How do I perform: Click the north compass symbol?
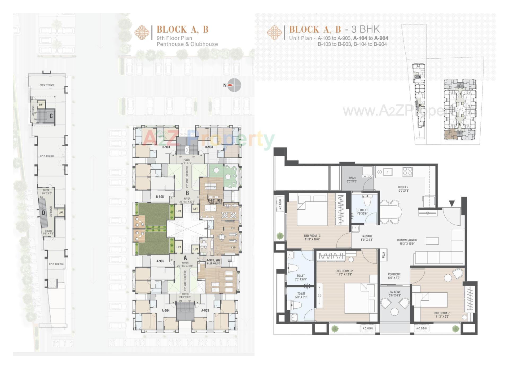coord(234,85)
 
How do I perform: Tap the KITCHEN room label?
coord(403,188)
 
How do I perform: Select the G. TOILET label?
coord(362,212)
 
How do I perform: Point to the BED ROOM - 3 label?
coord(312,237)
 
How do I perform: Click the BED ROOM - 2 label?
coord(344,273)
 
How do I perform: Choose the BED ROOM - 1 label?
coord(442,315)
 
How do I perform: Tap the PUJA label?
coord(383,255)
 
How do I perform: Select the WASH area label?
coord(352,179)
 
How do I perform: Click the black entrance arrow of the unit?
coord(452,204)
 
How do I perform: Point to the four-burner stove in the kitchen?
coord(407,172)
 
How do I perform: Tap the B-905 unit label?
coord(160,197)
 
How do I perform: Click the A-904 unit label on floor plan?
coord(165,310)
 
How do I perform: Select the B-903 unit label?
coord(209,147)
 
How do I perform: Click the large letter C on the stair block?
coord(51,116)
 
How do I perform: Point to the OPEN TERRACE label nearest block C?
coord(47,85)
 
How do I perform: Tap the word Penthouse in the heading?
coord(170,44)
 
